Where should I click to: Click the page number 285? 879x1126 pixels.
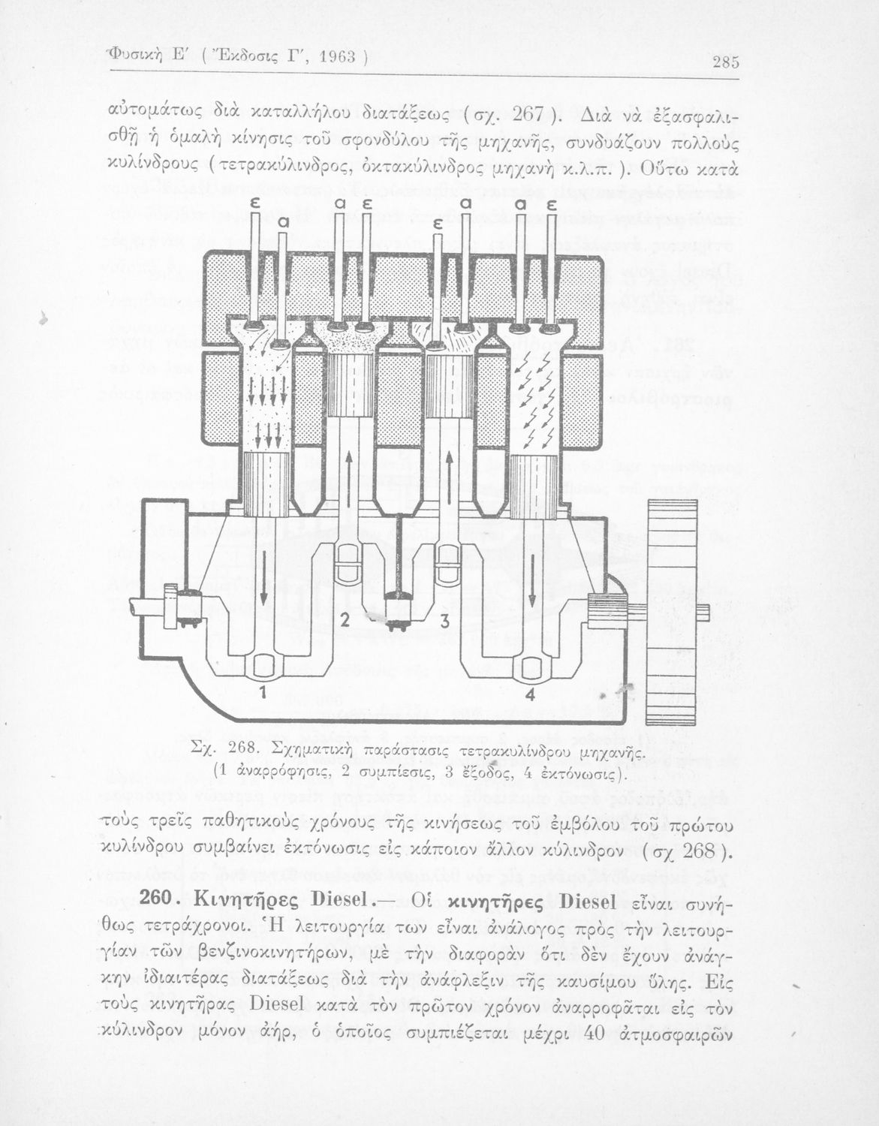pyautogui.click(x=726, y=62)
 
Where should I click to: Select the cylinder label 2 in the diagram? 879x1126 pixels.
pyautogui.click(x=345, y=620)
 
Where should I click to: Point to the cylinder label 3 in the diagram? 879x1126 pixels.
pyautogui.click(x=444, y=621)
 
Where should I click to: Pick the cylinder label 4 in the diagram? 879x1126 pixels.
pyautogui.click(x=530, y=695)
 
